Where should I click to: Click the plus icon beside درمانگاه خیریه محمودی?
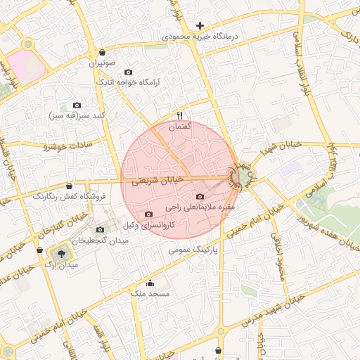(x=200, y=25)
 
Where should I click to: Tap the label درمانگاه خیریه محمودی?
(x=200, y=35)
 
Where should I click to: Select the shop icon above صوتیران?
(x=103, y=52)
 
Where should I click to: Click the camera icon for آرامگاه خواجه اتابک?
(x=128, y=72)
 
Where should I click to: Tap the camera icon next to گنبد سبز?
(x=77, y=105)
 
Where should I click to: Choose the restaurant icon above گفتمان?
(x=179, y=116)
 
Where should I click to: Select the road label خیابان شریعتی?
(x=157, y=180)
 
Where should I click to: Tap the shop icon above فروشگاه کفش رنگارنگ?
(x=69, y=186)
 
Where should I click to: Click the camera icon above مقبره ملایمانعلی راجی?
(x=200, y=197)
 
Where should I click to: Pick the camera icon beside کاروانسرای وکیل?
(x=148, y=214)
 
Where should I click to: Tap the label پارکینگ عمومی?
(x=193, y=249)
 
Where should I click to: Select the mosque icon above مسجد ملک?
(x=150, y=283)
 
